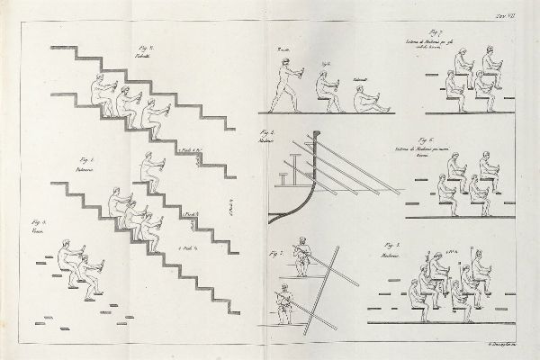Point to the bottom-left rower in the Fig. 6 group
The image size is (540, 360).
point(442,189)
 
